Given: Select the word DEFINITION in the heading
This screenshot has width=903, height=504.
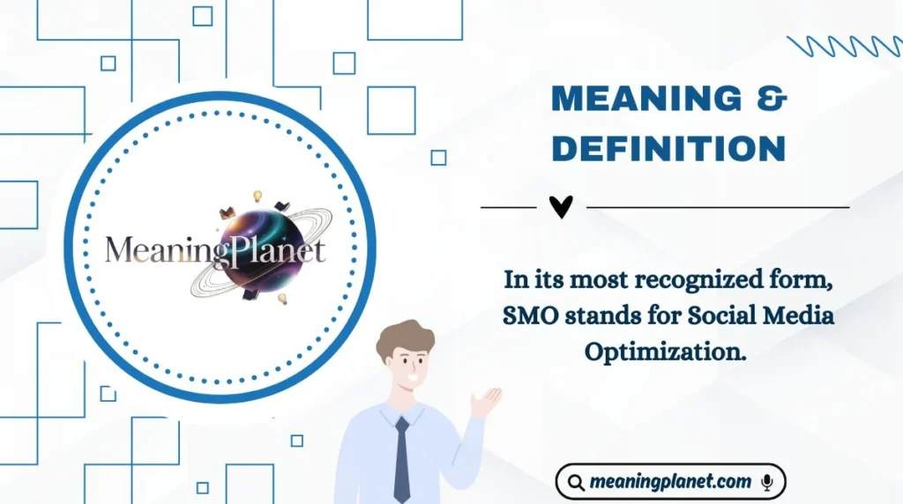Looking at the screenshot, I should coord(668,149).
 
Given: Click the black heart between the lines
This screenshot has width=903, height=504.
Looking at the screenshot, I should coord(561,207).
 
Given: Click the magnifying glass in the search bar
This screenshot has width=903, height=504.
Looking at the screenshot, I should coord(577,483).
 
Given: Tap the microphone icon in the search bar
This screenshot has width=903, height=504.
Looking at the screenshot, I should coord(767,482).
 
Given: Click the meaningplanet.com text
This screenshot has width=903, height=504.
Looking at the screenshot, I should coord(671,482).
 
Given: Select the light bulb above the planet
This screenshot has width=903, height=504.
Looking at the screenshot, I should coord(258,196).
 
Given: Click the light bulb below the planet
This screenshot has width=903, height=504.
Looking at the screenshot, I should coord(283,299).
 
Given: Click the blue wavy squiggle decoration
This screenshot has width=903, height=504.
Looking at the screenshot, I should coord(844,46).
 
